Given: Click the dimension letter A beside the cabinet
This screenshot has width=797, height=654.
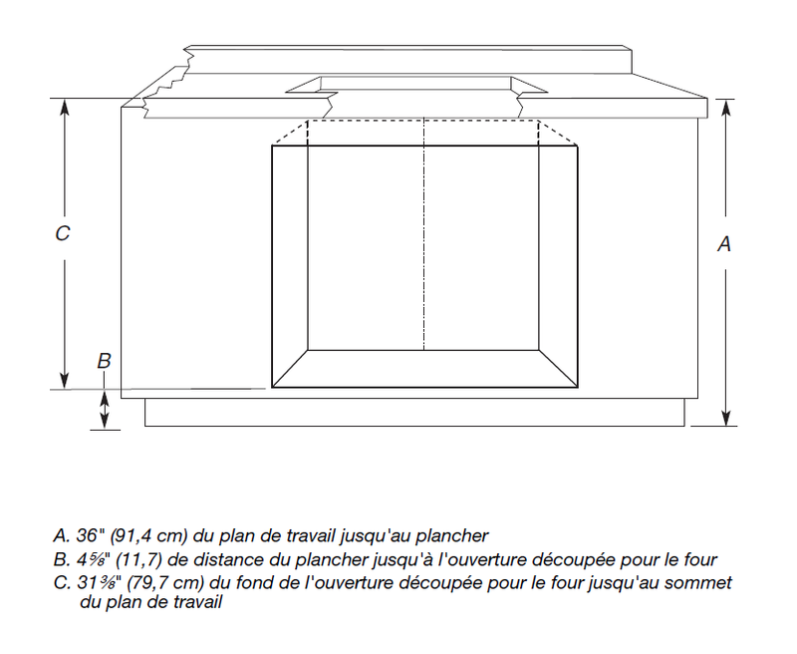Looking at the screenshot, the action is point(724,244).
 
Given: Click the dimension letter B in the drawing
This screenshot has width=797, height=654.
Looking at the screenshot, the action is point(104,361).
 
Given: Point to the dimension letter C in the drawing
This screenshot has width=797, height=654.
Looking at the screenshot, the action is point(62,233).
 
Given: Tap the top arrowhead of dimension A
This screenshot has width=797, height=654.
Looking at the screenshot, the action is point(726,108).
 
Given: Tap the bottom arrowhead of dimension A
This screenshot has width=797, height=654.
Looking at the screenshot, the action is point(726,418).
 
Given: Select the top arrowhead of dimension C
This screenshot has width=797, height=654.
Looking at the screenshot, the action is point(64,107).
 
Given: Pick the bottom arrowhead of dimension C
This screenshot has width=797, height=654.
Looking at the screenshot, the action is point(64,381).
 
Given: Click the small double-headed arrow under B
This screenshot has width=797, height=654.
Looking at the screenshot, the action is point(105,410).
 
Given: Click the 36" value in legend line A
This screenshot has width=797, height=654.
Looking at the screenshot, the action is point(87,535).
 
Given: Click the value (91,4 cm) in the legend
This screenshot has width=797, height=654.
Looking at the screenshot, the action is point(149,535).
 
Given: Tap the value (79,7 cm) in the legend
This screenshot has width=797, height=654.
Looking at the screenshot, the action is point(165,582).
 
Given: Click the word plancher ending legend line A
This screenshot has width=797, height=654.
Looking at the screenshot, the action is point(452,536).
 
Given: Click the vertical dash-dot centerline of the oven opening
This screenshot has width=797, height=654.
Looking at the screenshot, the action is point(424,234).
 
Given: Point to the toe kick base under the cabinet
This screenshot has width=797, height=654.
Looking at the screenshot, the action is point(414,412).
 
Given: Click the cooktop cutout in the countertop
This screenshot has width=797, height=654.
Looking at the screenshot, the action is point(416,85).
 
